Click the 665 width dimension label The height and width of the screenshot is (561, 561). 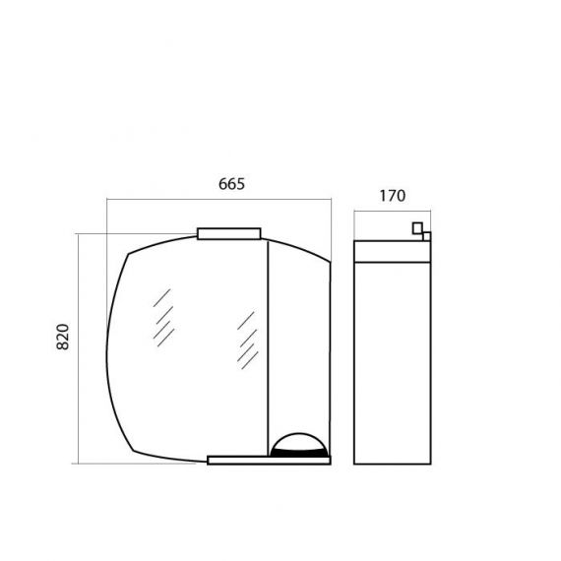tap(231, 184)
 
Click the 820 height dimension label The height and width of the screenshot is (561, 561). tap(63, 337)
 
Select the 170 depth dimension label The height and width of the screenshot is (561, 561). tap(393, 196)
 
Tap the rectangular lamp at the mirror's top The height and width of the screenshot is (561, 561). tap(229, 233)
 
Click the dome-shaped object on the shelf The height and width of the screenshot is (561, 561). tap(299, 445)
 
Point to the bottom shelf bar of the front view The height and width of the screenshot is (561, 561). tap(269, 460)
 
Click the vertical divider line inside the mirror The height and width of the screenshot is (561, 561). tap(268, 348)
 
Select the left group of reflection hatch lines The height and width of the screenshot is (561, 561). tap(163, 318)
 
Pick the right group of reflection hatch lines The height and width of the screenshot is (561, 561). tap(248, 341)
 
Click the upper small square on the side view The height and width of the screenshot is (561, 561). tap(417, 228)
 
